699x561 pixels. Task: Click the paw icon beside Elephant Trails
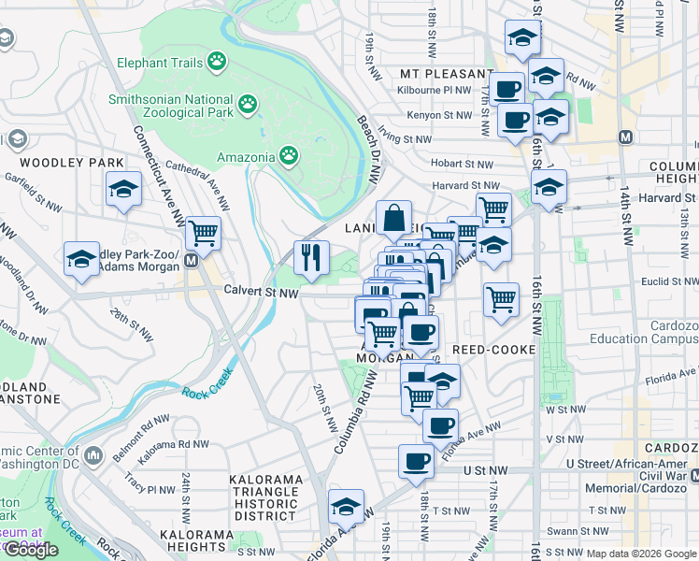[217, 62]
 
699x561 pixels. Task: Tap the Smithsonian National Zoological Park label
[169, 106]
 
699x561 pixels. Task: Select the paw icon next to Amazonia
[290, 154]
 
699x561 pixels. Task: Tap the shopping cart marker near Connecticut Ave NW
[203, 232]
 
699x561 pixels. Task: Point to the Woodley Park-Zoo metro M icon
[191, 261]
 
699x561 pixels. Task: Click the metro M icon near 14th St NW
[627, 137]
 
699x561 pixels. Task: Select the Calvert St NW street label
[261, 292]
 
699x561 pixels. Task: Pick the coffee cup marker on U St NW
[417, 460]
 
